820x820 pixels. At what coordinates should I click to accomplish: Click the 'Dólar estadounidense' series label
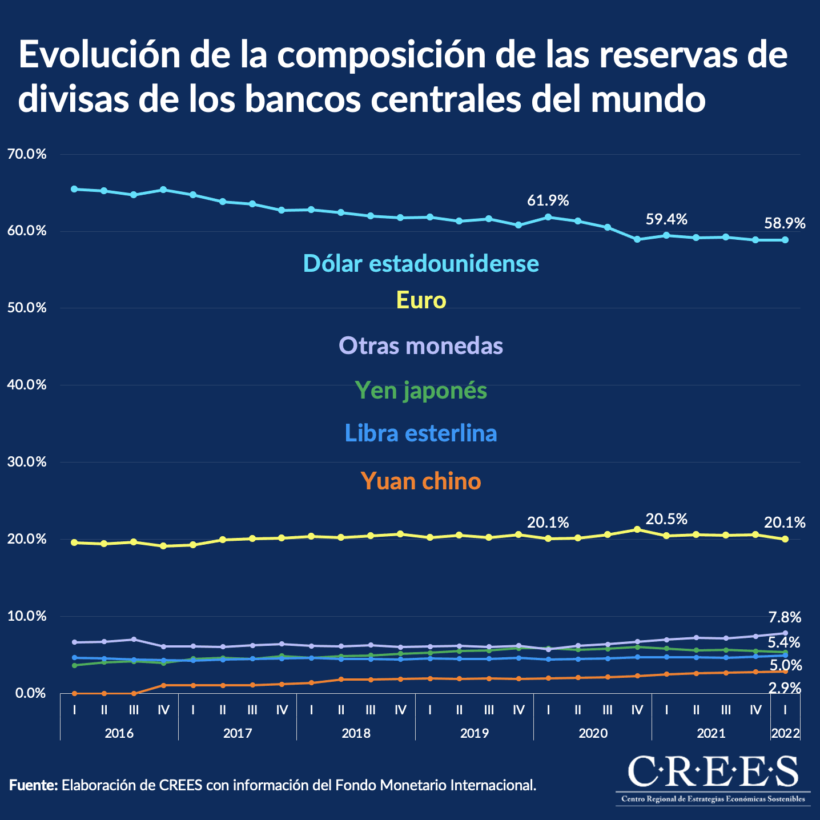[x=421, y=263]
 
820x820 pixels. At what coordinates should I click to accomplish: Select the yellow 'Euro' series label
[x=421, y=300]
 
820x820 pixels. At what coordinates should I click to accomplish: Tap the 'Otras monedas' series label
[x=421, y=345]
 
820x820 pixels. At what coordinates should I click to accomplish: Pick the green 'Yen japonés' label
[x=421, y=391]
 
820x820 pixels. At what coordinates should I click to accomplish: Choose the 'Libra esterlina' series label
[x=421, y=433]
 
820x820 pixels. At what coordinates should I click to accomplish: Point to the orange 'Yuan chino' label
[x=421, y=481]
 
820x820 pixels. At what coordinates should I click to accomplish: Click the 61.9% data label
[x=548, y=200]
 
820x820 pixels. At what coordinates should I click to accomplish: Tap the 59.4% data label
[x=666, y=219]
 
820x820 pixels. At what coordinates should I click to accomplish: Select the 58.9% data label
[x=785, y=223]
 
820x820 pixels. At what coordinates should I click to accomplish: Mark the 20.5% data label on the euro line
[x=666, y=519]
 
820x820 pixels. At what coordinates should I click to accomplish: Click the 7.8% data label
[x=785, y=617]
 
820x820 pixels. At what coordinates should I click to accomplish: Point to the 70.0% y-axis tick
[x=27, y=154]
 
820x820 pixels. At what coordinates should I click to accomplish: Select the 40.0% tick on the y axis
[x=27, y=385]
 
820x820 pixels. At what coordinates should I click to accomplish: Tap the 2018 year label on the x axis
[x=356, y=733]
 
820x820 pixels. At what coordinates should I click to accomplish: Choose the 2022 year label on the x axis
[x=785, y=733]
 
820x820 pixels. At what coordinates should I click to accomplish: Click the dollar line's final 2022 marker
[x=785, y=240]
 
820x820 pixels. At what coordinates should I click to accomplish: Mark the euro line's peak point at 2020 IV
[x=637, y=529]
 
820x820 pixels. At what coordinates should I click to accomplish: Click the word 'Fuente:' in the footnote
[x=34, y=785]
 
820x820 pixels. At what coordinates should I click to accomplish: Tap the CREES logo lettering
[x=713, y=772]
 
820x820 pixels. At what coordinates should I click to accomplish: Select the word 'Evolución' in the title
[x=99, y=55]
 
